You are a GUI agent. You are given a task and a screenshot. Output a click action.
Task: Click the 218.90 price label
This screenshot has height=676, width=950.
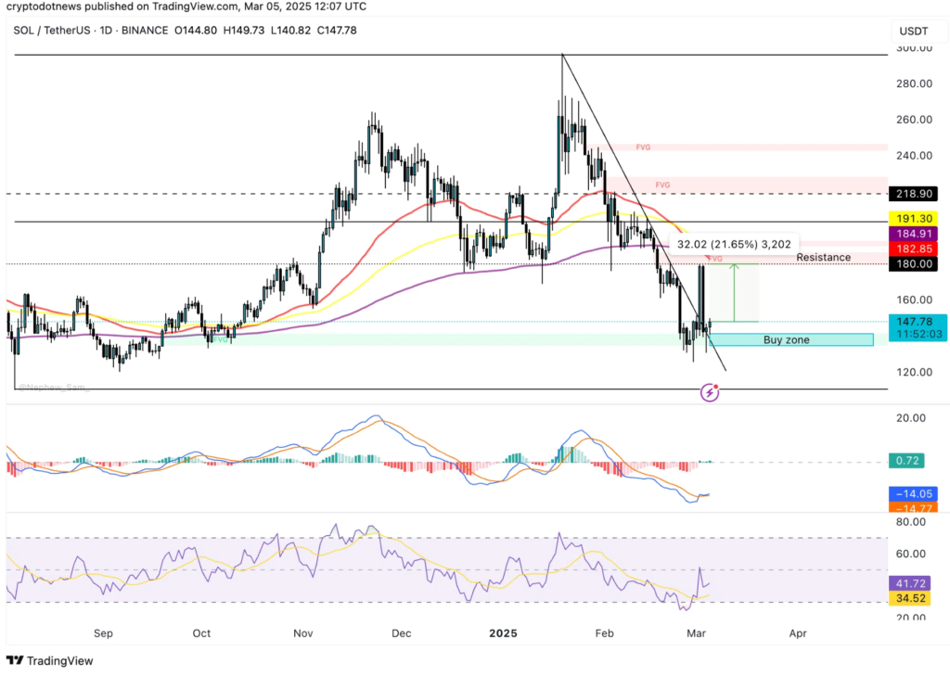pyautogui.click(x=914, y=194)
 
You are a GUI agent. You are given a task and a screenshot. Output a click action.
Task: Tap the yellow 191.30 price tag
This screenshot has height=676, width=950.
pyautogui.click(x=914, y=219)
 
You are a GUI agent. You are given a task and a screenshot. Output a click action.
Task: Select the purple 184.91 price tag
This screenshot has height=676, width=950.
pyautogui.click(x=914, y=234)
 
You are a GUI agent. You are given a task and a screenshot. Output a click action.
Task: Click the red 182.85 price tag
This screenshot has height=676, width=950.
pyautogui.click(x=914, y=249)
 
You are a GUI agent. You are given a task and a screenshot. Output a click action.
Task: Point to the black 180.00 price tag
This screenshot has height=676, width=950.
pyautogui.click(x=914, y=264)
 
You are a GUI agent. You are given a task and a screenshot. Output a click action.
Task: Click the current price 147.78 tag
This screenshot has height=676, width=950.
pyautogui.click(x=914, y=321)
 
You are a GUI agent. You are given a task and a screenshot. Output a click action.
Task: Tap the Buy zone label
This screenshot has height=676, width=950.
pyautogui.click(x=786, y=340)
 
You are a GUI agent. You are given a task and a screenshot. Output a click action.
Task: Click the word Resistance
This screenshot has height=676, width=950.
pyautogui.click(x=823, y=257)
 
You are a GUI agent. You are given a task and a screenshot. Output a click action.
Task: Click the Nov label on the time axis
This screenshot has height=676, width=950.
pyautogui.click(x=302, y=634)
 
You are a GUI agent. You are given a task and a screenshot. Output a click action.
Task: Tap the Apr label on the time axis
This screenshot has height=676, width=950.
pyautogui.click(x=797, y=634)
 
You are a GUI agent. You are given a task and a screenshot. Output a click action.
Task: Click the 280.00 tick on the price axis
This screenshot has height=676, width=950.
pyautogui.click(x=913, y=83)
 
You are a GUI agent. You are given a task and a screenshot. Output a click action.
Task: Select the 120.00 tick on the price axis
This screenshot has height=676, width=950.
pyautogui.click(x=913, y=373)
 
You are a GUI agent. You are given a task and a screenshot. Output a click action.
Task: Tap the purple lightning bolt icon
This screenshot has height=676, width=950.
pyautogui.click(x=711, y=392)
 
